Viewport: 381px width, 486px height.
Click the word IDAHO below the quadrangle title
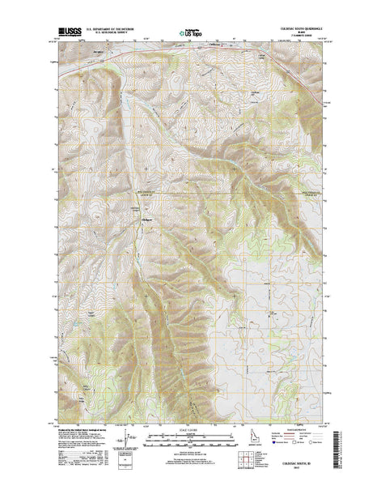[x=307, y=35]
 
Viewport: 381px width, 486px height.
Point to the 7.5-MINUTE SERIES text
[x=307, y=39]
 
